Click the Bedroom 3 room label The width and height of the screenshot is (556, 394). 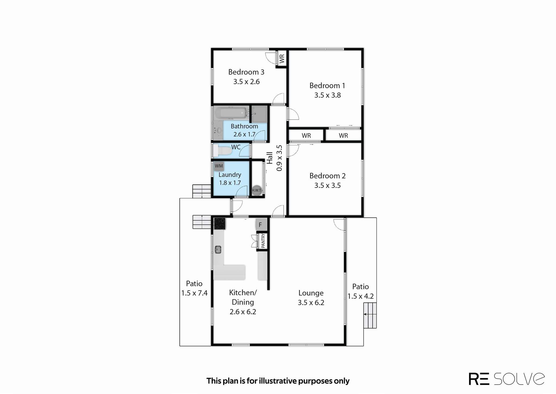pos(246,72)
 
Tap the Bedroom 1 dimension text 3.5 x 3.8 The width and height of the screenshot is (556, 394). pos(327,95)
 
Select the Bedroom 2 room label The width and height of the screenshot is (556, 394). pos(327,176)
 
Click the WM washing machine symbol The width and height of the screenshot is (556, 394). pos(219,166)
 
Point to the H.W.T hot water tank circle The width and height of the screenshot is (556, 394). pos(256,190)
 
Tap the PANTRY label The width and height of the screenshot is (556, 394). pos(263,241)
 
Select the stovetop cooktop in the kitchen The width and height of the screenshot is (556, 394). pos(220,223)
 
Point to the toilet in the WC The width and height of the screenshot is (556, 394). pos(223,150)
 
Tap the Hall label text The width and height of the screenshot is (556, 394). pos(270,158)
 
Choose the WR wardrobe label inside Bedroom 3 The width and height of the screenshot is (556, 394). pos(282,58)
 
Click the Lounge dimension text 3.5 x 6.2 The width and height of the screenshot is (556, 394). pos(311,302)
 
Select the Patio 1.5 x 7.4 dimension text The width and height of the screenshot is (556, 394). pos(194,293)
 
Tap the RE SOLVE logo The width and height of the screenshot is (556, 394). pos(507,379)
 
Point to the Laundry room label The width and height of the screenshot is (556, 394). pos(230,175)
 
